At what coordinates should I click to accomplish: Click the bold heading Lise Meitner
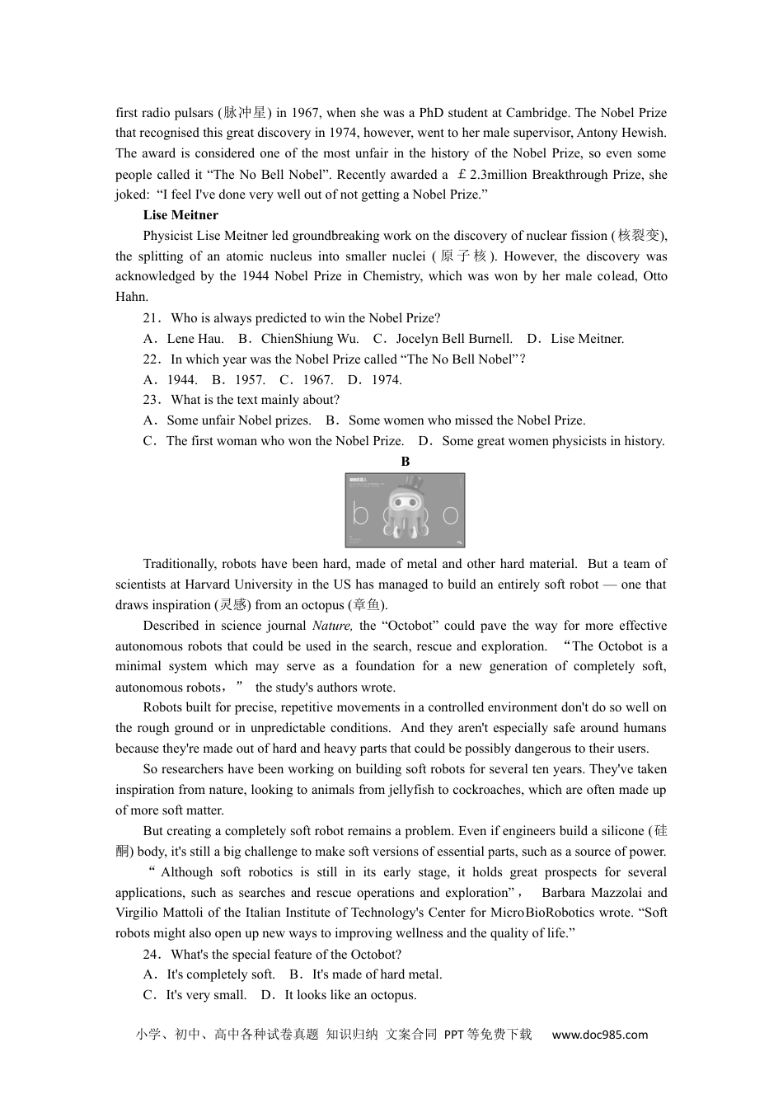(x=181, y=215)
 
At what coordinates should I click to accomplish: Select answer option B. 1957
(x=238, y=380)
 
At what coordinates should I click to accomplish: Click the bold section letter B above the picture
(x=405, y=462)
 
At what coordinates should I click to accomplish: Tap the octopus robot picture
(x=405, y=510)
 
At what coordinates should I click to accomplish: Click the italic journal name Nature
(x=332, y=626)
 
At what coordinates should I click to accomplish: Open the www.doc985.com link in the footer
(x=599, y=1035)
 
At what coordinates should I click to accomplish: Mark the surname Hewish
(x=645, y=133)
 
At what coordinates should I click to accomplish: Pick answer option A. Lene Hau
(x=184, y=339)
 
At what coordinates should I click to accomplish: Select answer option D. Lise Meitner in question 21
(x=575, y=339)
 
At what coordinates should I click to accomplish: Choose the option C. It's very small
(x=195, y=995)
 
